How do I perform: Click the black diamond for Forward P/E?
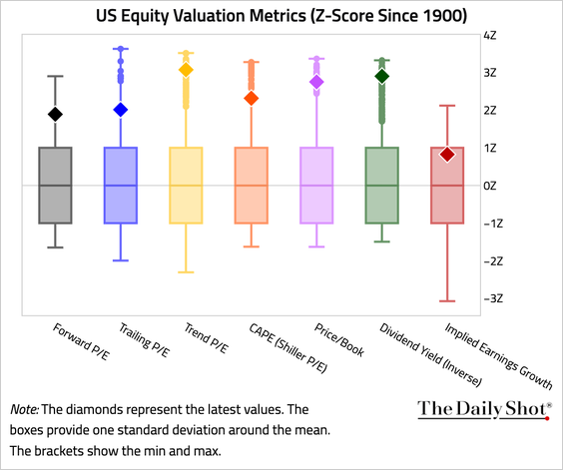point(55,115)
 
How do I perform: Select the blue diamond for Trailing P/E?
point(120,110)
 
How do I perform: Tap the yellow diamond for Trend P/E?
point(186,70)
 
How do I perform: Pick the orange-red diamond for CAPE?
point(251,98)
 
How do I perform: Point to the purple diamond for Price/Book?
point(316,83)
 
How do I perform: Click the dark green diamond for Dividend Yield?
point(381,76)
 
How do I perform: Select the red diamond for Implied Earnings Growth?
point(447,154)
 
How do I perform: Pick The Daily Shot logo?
point(484,408)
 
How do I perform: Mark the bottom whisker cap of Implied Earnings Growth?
point(447,300)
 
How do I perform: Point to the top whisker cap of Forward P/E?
point(55,76)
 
